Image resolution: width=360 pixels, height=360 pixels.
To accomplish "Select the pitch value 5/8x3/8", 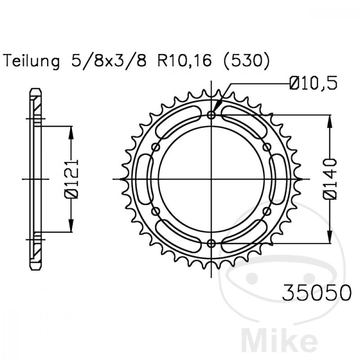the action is (109, 61).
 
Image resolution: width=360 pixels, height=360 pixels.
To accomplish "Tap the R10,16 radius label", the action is (184, 61).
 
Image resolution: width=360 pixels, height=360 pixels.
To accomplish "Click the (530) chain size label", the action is (247, 61).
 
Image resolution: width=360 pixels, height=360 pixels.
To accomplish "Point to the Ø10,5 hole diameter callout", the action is (313, 83).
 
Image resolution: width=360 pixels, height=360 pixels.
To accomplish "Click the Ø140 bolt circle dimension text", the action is (330, 179).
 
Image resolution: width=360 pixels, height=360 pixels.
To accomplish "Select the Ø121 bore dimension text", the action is (71, 179).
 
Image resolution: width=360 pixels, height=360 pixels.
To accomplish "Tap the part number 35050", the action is (317, 293).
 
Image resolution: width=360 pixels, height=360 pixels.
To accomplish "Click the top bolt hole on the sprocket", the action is (211, 115).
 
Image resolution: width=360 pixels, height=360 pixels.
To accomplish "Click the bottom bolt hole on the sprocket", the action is (211, 243).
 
